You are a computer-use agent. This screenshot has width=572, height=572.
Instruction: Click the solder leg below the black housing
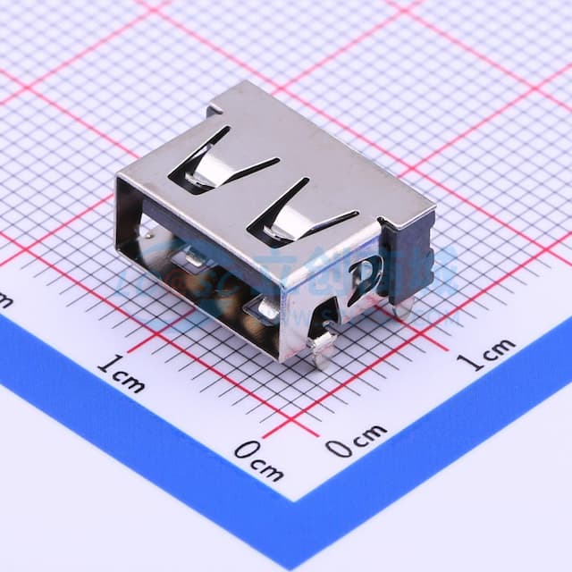coord(404,308)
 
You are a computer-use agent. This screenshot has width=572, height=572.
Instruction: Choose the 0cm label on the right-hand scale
coord(355,441)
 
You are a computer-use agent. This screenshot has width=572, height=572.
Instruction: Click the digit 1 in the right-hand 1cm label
coord(466,360)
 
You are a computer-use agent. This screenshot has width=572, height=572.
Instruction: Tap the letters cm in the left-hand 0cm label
coord(269,465)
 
